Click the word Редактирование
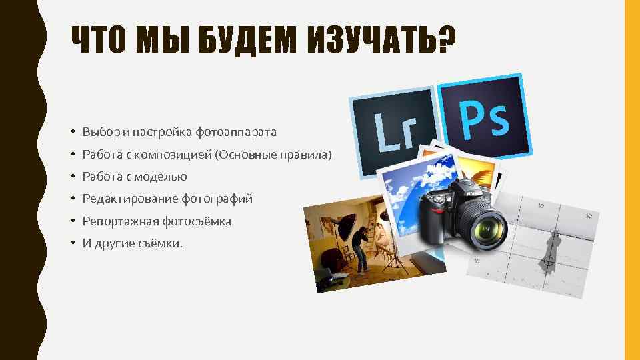[125, 199]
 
